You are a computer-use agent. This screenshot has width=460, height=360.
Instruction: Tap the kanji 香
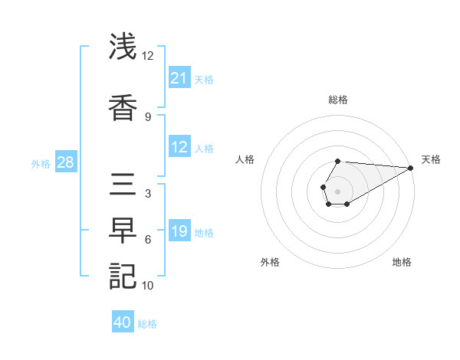coord(123,108)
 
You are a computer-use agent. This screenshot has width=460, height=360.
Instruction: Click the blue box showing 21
coord(179,78)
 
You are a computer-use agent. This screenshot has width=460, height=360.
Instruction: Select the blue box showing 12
coord(179,147)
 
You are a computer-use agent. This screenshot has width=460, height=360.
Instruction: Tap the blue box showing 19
coord(179,231)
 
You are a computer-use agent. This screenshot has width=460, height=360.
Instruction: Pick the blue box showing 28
coord(65,162)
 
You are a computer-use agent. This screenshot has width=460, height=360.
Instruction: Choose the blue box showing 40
coord(123,323)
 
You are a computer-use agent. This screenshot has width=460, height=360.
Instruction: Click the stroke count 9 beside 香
coord(148,116)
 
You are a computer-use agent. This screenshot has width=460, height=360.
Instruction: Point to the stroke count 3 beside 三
coord(148,193)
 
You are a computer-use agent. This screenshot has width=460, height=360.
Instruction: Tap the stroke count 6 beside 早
coord(148,240)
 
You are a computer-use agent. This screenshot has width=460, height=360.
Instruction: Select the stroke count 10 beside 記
coord(148,286)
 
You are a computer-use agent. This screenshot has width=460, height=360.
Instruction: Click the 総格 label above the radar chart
coord(338,100)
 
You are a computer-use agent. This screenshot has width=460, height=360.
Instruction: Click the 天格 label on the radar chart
coord(431,159)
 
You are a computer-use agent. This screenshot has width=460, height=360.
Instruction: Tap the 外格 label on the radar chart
coord(270,263)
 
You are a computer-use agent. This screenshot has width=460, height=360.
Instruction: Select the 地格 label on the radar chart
coord(402,263)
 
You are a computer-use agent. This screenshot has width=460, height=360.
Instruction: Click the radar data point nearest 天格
coord(411,168)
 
